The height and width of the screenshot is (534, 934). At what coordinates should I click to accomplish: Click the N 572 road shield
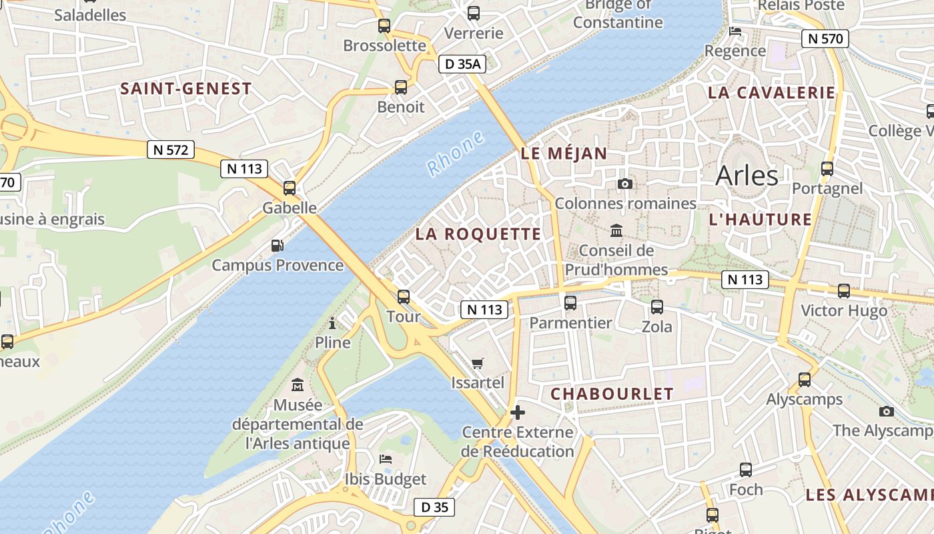tap(171, 150)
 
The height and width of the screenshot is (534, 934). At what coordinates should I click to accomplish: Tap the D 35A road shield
tap(462, 64)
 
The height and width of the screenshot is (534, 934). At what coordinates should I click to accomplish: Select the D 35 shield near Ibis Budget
tap(435, 507)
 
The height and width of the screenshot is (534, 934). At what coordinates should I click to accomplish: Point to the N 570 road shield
tap(825, 39)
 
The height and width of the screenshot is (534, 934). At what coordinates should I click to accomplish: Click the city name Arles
tap(747, 176)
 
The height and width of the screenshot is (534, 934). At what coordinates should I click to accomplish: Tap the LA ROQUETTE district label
tap(478, 234)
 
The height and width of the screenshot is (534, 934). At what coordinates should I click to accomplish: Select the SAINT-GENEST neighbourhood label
tap(186, 89)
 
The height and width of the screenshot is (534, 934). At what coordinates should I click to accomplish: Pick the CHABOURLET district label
tap(612, 394)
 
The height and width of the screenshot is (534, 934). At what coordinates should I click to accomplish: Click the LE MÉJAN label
tap(564, 154)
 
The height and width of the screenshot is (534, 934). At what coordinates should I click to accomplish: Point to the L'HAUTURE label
tap(760, 220)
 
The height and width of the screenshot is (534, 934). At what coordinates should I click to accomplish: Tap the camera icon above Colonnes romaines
tap(625, 184)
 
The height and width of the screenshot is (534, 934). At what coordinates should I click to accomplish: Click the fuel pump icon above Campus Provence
tap(278, 246)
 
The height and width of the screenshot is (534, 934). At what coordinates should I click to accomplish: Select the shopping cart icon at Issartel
tap(477, 364)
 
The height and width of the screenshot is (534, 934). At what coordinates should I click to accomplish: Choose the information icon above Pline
tap(332, 324)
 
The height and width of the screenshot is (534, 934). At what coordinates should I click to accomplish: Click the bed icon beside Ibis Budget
tap(386, 459)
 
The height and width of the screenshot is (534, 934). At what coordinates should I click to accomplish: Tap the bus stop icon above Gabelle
tap(289, 188)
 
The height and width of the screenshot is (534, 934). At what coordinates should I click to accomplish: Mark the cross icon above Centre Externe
tap(517, 413)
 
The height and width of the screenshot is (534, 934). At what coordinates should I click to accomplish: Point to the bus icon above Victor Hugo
tap(844, 291)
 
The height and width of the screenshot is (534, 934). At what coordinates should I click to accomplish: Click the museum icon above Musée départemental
tap(298, 385)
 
